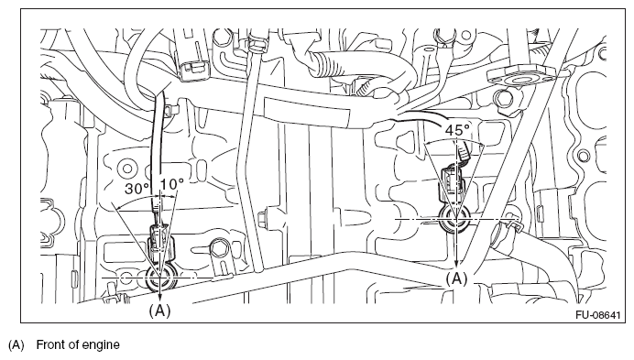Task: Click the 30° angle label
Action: [x=137, y=189]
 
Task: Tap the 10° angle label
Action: [x=172, y=184]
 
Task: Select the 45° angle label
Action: [x=457, y=130]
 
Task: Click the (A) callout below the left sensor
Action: [x=159, y=311]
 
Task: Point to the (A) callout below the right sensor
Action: [x=456, y=278]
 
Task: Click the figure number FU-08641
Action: [x=597, y=315]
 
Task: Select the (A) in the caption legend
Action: [x=16, y=345]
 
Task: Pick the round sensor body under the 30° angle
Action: [x=159, y=278]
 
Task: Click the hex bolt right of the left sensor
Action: [x=219, y=247]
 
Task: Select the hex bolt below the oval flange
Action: [x=503, y=97]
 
